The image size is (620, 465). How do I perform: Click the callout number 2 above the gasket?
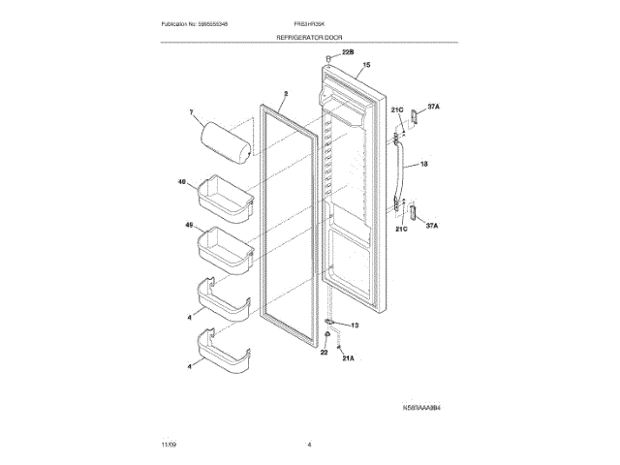286,95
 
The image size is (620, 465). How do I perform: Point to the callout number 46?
181,182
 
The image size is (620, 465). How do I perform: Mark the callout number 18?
423,165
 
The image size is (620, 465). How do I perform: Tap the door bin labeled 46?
225,196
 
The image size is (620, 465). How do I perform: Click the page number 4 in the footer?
309,445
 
